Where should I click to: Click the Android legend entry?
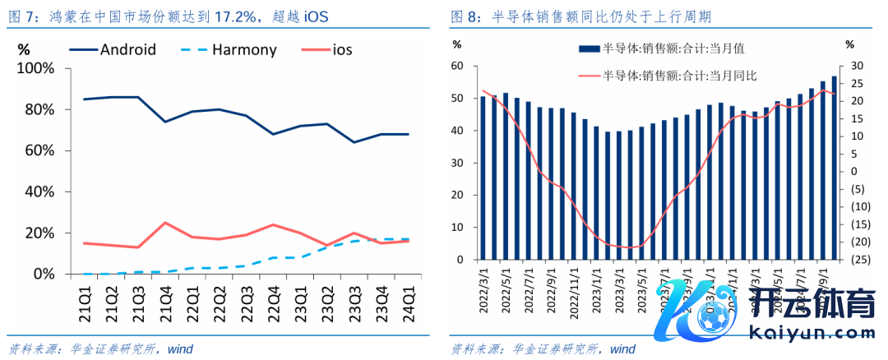127,49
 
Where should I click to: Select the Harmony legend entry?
244,49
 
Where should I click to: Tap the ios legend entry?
342,49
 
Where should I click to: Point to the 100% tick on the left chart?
36,68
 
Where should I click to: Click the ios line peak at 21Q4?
165,222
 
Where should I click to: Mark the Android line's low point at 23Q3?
354,142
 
